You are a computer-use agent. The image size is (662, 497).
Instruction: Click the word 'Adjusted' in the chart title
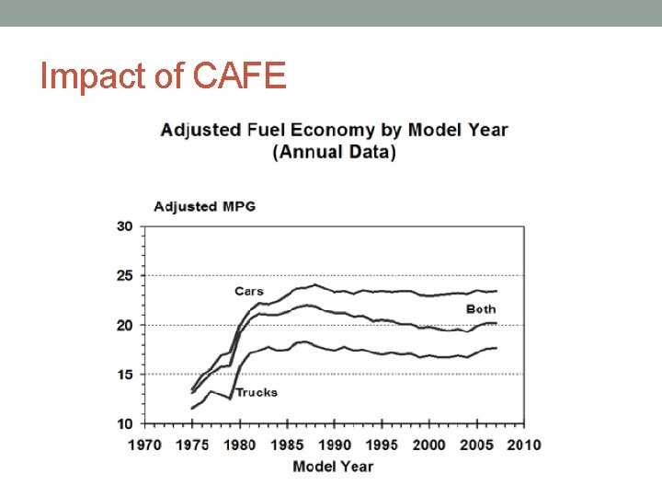click(200, 130)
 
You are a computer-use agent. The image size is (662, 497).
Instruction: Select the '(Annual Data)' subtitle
click(334, 152)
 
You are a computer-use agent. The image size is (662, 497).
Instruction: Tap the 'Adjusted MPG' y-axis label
click(204, 206)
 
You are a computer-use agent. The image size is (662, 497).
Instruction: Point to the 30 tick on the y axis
click(124, 226)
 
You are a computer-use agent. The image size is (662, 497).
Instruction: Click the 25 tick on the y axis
click(124, 276)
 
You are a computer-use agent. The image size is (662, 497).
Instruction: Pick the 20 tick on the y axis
click(124, 325)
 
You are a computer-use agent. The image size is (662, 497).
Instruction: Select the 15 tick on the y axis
click(124, 375)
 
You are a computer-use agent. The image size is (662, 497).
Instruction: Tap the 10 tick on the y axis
click(124, 423)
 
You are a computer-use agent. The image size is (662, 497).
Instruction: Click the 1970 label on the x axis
click(144, 445)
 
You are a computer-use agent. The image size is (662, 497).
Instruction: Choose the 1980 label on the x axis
click(239, 445)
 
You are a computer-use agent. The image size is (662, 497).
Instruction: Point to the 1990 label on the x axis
click(335, 445)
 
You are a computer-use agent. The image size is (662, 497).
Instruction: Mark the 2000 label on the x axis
click(429, 445)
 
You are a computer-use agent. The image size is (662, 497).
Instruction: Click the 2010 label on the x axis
click(524, 445)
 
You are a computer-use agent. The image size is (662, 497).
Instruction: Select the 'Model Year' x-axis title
click(333, 467)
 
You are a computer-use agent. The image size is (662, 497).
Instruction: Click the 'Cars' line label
click(248, 291)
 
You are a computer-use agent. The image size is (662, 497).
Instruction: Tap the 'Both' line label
click(481, 309)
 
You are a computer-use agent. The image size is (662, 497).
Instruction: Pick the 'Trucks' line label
click(257, 392)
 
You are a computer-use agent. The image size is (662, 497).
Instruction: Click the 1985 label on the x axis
click(287, 445)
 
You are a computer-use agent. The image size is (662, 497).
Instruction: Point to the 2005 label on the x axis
click(476, 445)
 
